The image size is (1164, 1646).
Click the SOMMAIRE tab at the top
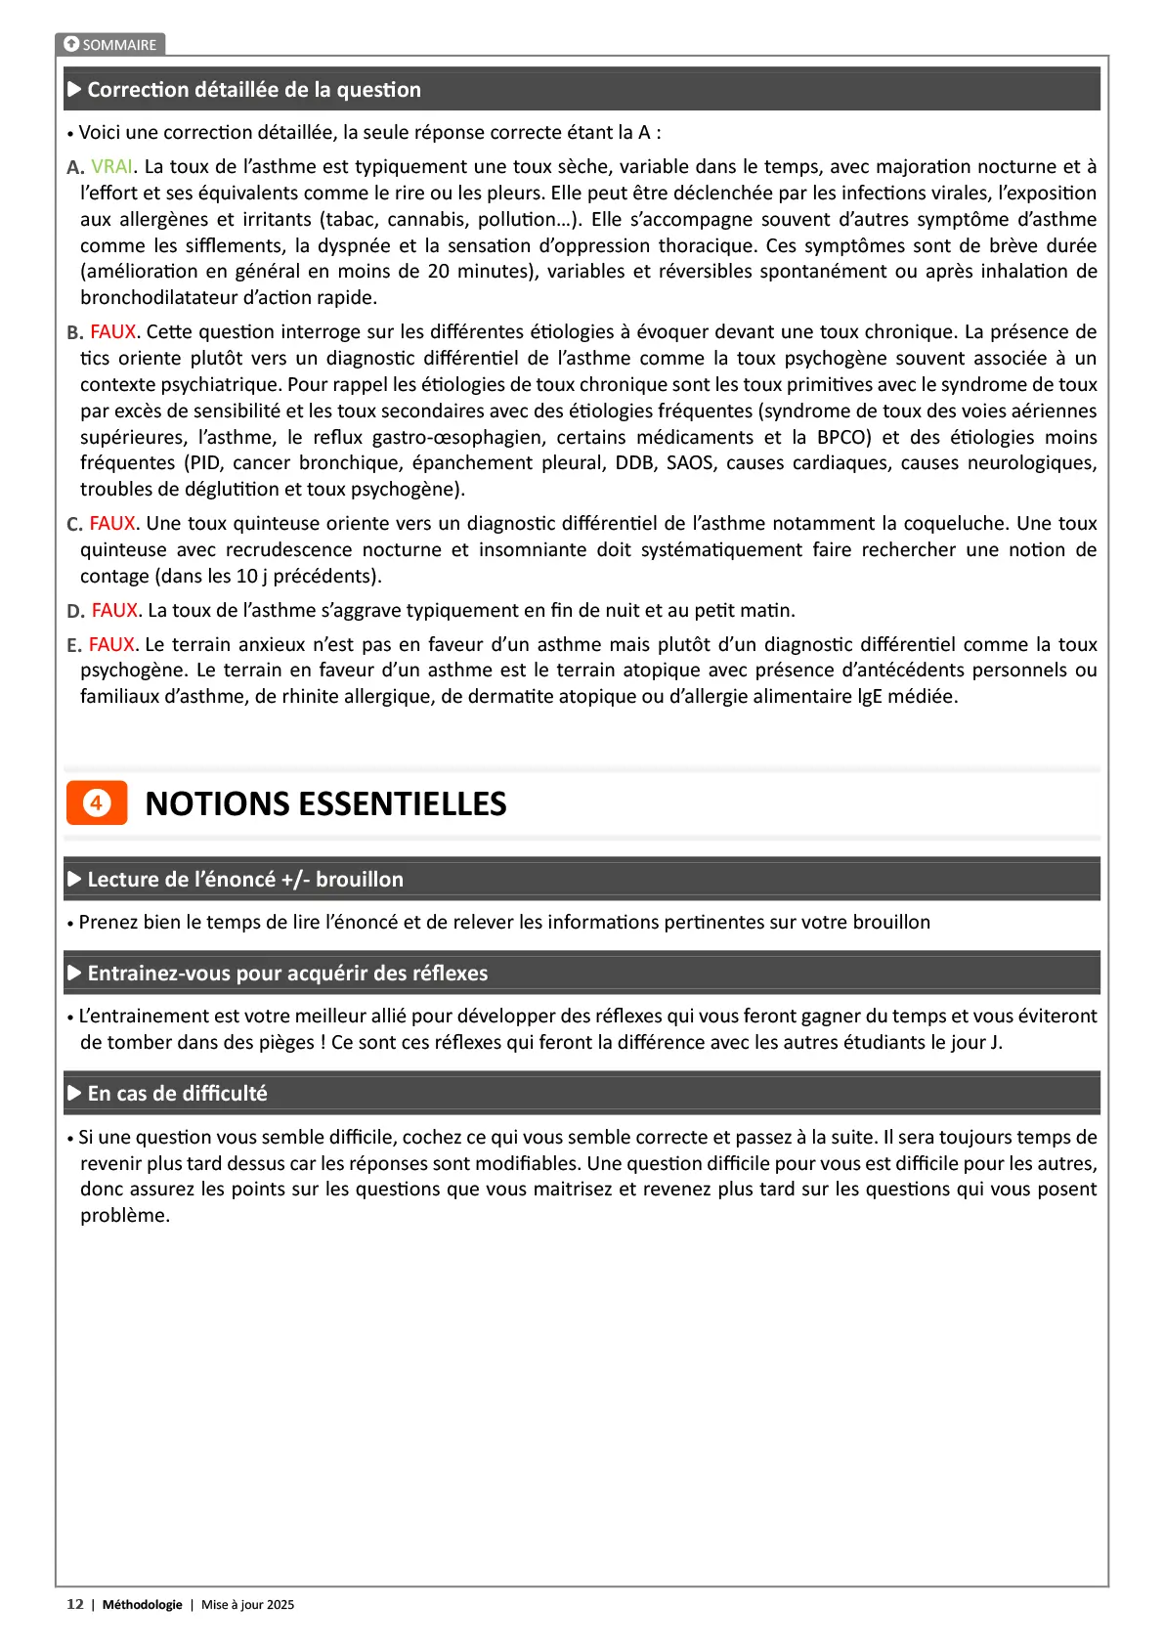pyautogui.click(x=110, y=44)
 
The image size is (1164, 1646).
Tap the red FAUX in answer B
pyautogui.click(x=113, y=331)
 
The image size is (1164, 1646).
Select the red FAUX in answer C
pyautogui.click(x=113, y=523)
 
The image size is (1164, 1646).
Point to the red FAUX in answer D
pyautogui.click(x=114, y=610)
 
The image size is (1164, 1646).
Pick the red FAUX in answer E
pyautogui.click(x=112, y=644)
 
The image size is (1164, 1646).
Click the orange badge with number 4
pyautogui.click(x=97, y=802)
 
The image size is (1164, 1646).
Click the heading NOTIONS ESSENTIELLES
pyautogui.click(x=325, y=803)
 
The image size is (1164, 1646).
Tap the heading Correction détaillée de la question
pyautogui.click(x=254, y=90)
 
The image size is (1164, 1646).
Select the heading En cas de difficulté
pyautogui.click(x=177, y=1093)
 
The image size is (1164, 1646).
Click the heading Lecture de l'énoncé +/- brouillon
pyautogui.click(x=245, y=879)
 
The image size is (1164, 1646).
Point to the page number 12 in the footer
pyautogui.click(x=74, y=1604)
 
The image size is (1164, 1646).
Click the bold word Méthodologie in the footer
pyautogui.click(x=143, y=1604)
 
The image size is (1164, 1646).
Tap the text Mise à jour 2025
pyautogui.click(x=247, y=1604)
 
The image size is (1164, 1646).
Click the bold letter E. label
pyautogui.click(x=74, y=645)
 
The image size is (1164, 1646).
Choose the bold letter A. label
pyautogui.click(x=75, y=167)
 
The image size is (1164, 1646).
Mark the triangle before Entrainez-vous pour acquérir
pyautogui.click(x=74, y=973)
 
